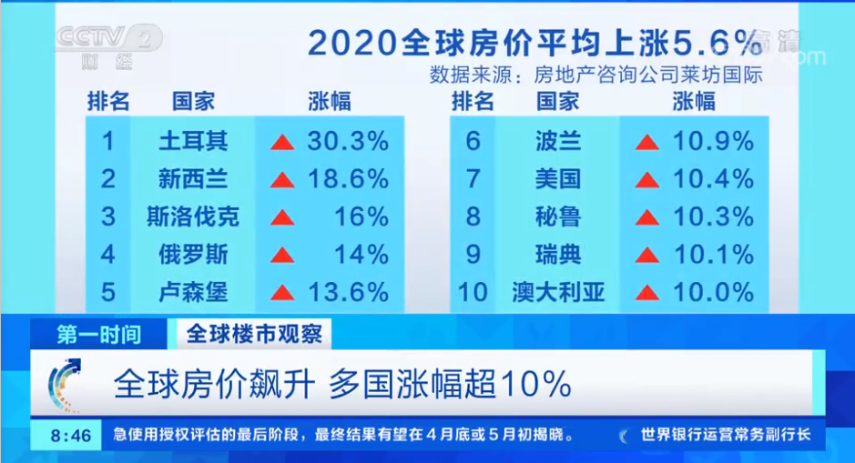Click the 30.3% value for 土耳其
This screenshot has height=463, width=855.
[x=348, y=141]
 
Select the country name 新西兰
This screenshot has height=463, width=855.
[x=193, y=179]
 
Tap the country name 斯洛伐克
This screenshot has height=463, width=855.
[x=193, y=216]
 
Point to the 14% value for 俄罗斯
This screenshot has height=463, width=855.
[x=361, y=255]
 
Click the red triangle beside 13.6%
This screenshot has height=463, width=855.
[x=282, y=293]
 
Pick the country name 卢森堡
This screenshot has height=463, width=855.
[x=193, y=293]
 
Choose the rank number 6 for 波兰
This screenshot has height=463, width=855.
[x=473, y=141]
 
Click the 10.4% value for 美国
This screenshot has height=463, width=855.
[x=713, y=178]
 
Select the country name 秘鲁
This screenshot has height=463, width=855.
[x=558, y=216]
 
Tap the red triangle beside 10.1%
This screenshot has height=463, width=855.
[x=647, y=255]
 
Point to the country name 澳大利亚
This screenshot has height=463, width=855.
[x=558, y=293]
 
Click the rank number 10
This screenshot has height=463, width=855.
[x=473, y=293]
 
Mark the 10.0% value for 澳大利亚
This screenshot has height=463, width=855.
[x=713, y=293]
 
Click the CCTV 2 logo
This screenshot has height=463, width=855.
[x=108, y=45]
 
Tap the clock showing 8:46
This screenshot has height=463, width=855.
[x=71, y=436]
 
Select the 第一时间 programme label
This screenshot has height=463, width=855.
[x=98, y=334]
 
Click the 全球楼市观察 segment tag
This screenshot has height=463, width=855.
[x=254, y=333]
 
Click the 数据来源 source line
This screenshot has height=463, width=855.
[x=596, y=75]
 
